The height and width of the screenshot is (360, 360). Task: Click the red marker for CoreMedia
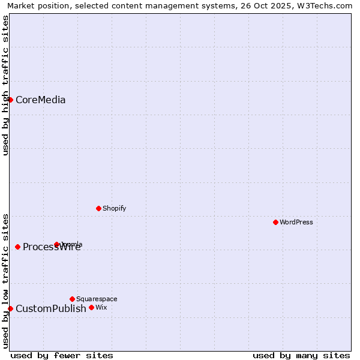tap(10, 100)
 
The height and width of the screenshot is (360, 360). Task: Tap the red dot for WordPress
tap(275, 222)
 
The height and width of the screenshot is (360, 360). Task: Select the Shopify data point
tap(98, 208)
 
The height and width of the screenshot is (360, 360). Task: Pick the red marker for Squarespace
tap(72, 299)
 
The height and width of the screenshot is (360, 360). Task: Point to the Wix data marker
tap(91, 307)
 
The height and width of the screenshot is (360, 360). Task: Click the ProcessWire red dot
tap(17, 247)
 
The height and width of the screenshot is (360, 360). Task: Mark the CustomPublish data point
tap(10, 308)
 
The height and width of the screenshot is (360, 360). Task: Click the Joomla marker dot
tap(56, 244)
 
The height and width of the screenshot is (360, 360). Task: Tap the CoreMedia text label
tap(40, 100)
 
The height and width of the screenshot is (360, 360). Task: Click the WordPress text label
tap(296, 222)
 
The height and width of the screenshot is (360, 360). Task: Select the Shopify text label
tap(114, 208)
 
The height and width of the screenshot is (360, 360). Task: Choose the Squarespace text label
tap(97, 299)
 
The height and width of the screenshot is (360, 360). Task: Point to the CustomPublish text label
tap(51, 308)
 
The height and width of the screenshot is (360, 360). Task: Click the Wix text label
tap(101, 307)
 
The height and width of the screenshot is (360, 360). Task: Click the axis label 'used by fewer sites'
tap(62, 355)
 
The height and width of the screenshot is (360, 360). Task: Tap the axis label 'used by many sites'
tap(301, 355)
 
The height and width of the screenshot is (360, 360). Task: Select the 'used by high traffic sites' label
tap(5, 85)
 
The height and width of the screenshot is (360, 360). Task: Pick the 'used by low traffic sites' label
tap(5, 281)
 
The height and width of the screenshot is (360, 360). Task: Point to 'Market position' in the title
tap(38, 5)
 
